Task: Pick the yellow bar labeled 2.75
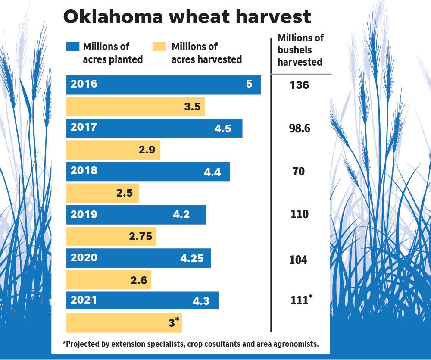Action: coord(111,237)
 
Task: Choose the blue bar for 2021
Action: coord(142,301)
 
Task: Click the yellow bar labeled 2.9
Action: coord(112,150)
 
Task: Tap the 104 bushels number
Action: coord(299,260)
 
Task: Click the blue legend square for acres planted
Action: coord(72,47)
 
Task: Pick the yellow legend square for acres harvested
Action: coord(159,47)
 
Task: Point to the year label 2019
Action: coord(84,214)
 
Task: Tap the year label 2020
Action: coord(84,258)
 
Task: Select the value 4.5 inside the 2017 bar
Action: coord(223,128)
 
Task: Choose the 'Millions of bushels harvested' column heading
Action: coord(300,50)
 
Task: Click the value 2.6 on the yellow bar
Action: coord(138,281)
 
